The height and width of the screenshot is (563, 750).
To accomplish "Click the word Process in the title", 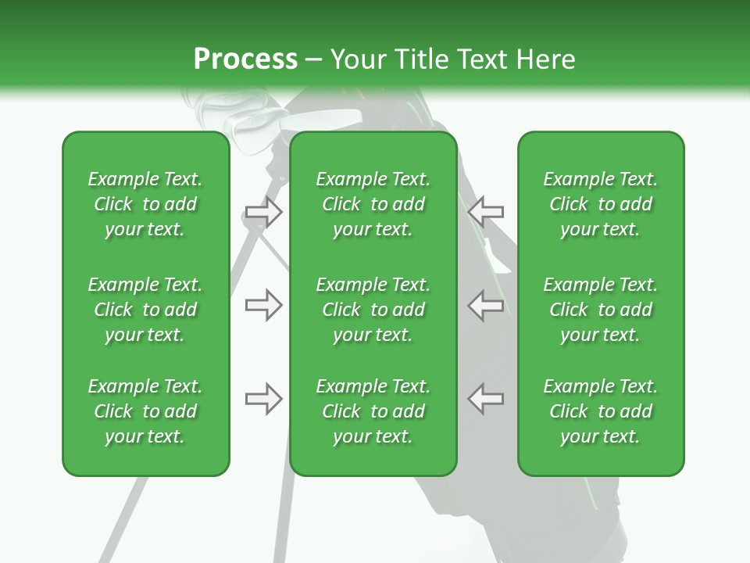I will (x=245, y=59).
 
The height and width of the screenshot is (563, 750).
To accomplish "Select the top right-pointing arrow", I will (x=263, y=210).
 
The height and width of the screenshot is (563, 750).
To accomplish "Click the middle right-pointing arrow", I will (x=263, y=305).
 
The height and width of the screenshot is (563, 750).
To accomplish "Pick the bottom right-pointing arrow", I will (x=263, y=399).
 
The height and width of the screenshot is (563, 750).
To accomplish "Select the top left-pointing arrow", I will (x=486, y=210).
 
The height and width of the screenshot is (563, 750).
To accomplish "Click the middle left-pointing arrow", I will (x=486, y=305).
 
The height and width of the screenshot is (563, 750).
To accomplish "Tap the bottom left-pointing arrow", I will (x=486, y=399).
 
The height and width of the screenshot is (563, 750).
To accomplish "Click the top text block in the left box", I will (x=145, y=204).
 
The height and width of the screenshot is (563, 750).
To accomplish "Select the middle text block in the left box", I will (x=145, y=310).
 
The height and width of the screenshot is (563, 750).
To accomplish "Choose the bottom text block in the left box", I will (x=145, y=411).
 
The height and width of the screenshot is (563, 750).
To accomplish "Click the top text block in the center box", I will (x=373, y=204).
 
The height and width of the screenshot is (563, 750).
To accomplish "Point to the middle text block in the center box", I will (x=373, y=310).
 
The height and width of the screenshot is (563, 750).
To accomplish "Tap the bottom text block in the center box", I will (x=373, y=411).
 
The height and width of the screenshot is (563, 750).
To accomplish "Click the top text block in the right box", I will (x=600, y=204).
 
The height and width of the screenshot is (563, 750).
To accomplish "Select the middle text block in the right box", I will (x=600, y=310).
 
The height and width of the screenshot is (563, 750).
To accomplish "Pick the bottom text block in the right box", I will (x=600, y=411).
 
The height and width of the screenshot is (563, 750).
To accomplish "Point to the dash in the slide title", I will (x=314, y=60).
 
